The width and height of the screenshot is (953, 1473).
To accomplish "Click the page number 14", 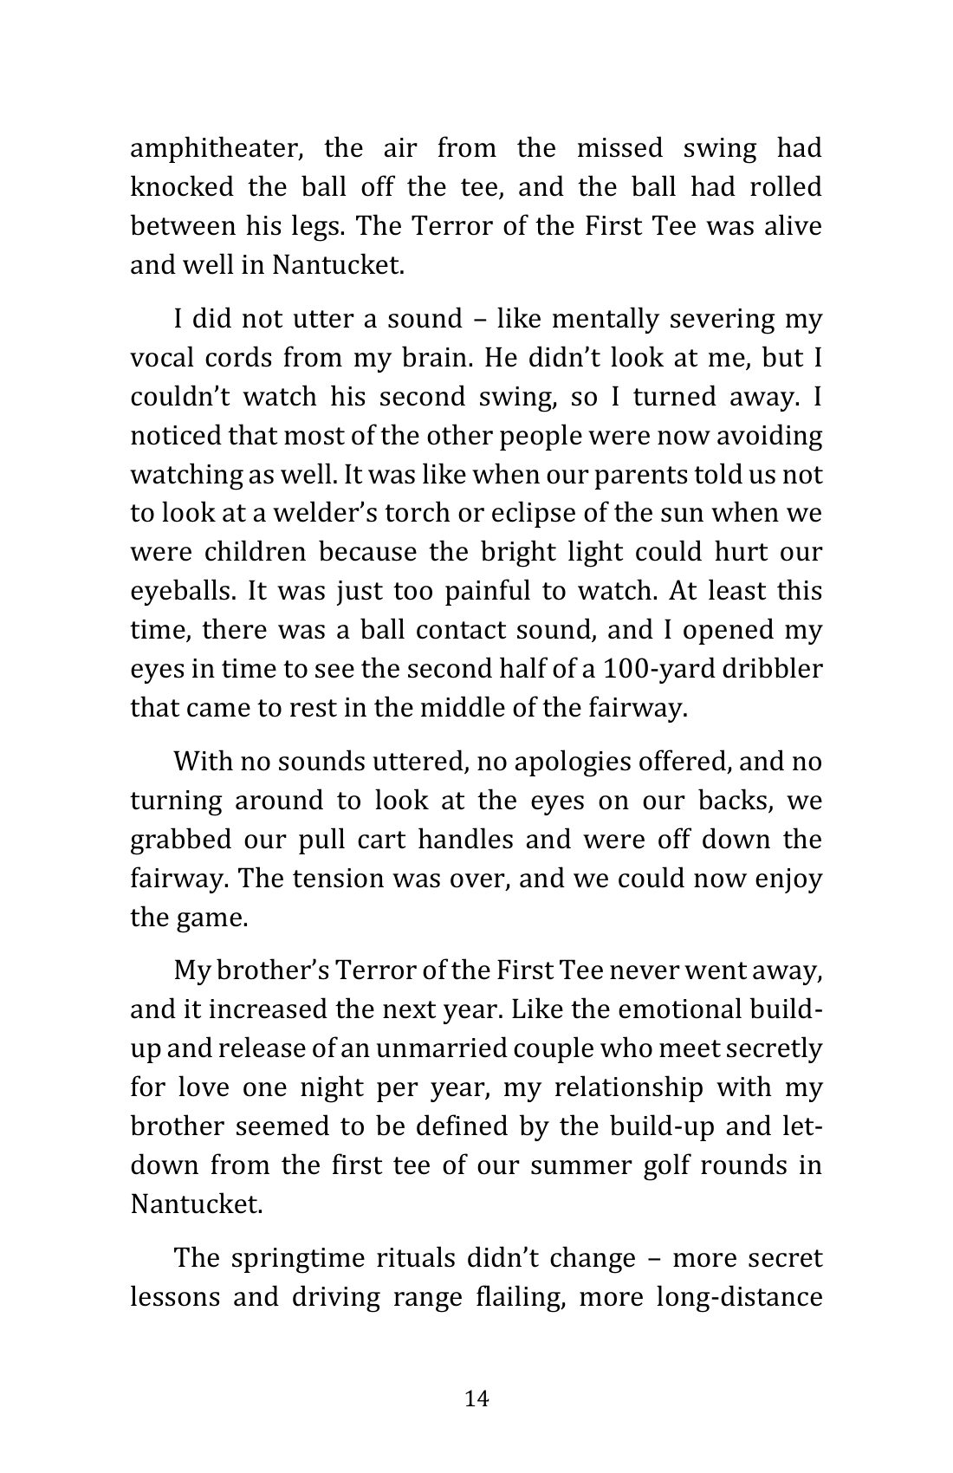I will (x=476, y=1398).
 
